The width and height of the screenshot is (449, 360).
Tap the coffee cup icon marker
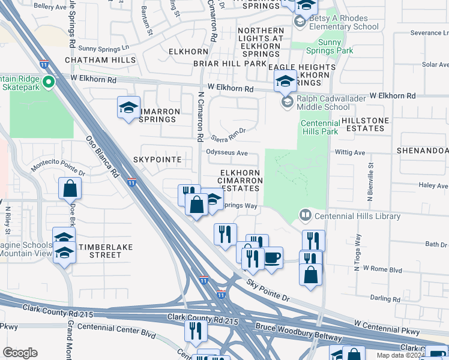(272, 258)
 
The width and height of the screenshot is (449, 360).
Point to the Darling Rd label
(385, 298)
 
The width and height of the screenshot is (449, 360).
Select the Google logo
(20, 353)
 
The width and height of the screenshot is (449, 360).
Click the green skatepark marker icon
(46, 82)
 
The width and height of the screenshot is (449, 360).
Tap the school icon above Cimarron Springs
(128, 107)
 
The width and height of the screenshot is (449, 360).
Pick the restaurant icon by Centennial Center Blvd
(196, 329)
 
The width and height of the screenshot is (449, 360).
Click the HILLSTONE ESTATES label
(365, 124)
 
